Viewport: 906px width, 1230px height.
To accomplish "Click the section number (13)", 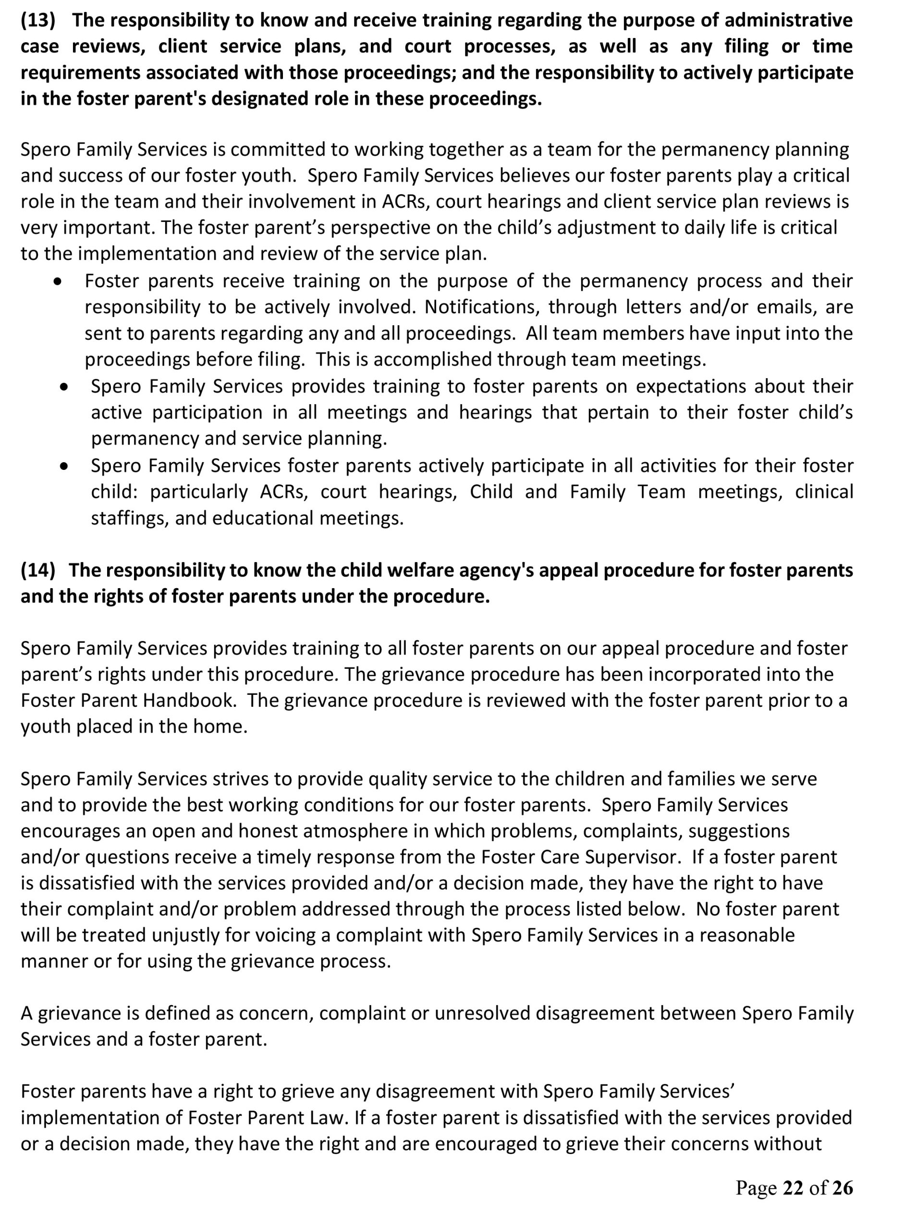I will pos(38,20).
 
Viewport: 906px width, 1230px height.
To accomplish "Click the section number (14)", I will pos(38,570).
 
